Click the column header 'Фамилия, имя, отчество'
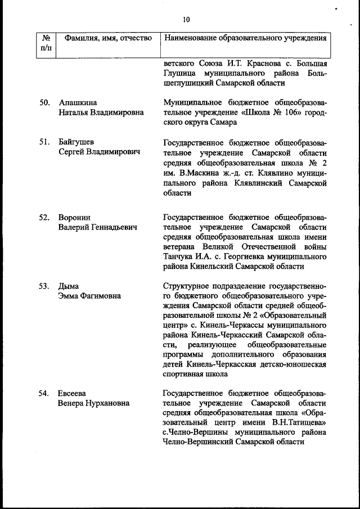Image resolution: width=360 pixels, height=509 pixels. [109, 38]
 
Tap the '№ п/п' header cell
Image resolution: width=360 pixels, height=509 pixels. [46, 43]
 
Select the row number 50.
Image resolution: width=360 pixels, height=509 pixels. [46, 102]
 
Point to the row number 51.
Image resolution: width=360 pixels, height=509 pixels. [46, 142]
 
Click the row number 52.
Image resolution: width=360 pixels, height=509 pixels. [46, 218]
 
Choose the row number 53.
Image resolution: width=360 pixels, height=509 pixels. [46, 286]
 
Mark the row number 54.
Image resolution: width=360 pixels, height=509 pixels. [46, 393]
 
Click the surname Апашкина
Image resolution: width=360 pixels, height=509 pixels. [78, 102]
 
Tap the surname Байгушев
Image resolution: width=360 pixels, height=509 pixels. [77, 142]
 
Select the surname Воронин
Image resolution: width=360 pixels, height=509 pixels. [75, 218]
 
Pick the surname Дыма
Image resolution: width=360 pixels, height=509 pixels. [69, 286]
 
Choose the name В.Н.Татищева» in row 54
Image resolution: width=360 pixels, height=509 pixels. [296, 422]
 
